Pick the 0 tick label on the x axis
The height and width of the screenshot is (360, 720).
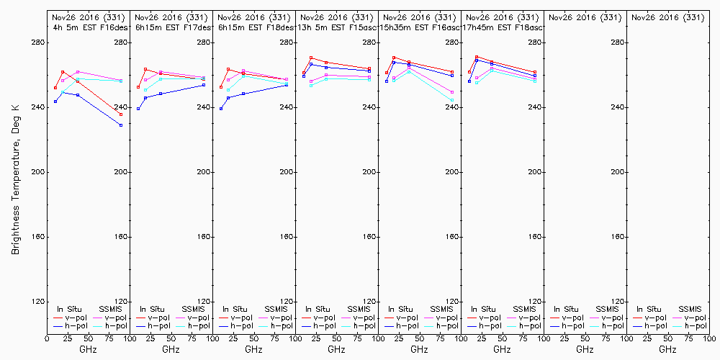[x=47, y=336]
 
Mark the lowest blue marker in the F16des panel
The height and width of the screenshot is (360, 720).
[x=121, y=125]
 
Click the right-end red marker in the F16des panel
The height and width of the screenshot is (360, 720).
[x=121, y=114]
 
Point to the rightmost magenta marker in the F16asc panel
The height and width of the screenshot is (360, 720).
[x=452, y=92]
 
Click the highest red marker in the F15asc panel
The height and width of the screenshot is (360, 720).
[x=311, y=58]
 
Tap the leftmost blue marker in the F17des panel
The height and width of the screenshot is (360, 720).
[x=138, y=109]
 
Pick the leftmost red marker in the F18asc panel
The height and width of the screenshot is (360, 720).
[x=469, y=72]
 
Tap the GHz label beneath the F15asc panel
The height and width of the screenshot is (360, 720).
[x=336, y=349]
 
